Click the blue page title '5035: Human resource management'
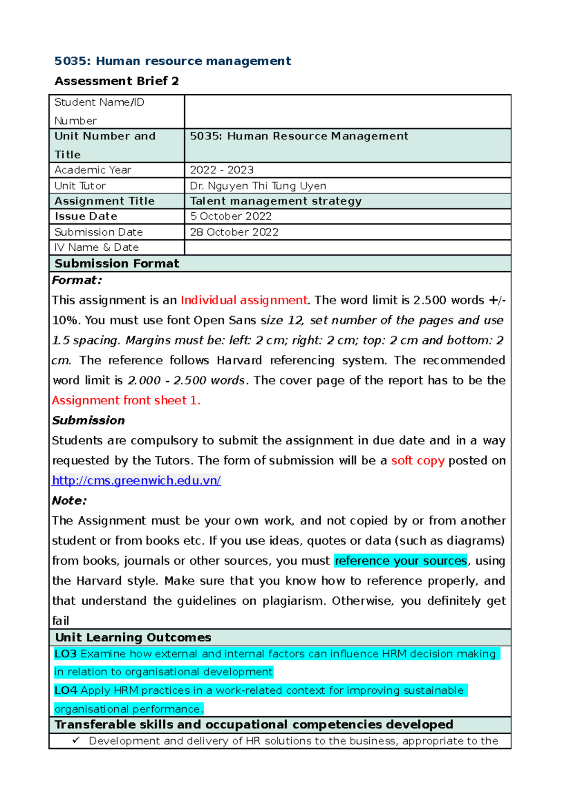pos(172,61)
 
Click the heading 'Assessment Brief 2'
pos(117,81)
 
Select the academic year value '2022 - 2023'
pos(222,170)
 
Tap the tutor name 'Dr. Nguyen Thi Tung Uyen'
pos(258,186)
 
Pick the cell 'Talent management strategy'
pos(276,201)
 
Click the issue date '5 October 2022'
pos(231,216)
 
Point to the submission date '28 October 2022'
pos(234,232)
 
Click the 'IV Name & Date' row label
pos(97,247)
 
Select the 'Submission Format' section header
pos(117,263)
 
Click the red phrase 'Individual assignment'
pos(244,300)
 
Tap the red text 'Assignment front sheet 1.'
pos(126,400)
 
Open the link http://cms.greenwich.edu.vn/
pos(136,481)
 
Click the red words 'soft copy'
pos(417,461)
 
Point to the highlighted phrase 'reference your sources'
pos(401,561)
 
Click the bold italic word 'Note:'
pos(69,501)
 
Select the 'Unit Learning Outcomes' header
pos(133,637)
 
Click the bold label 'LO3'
pos(66,654)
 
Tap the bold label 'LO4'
pos(66,690)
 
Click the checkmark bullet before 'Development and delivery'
pos(76,740)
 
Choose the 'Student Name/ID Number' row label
pos(99,111)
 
